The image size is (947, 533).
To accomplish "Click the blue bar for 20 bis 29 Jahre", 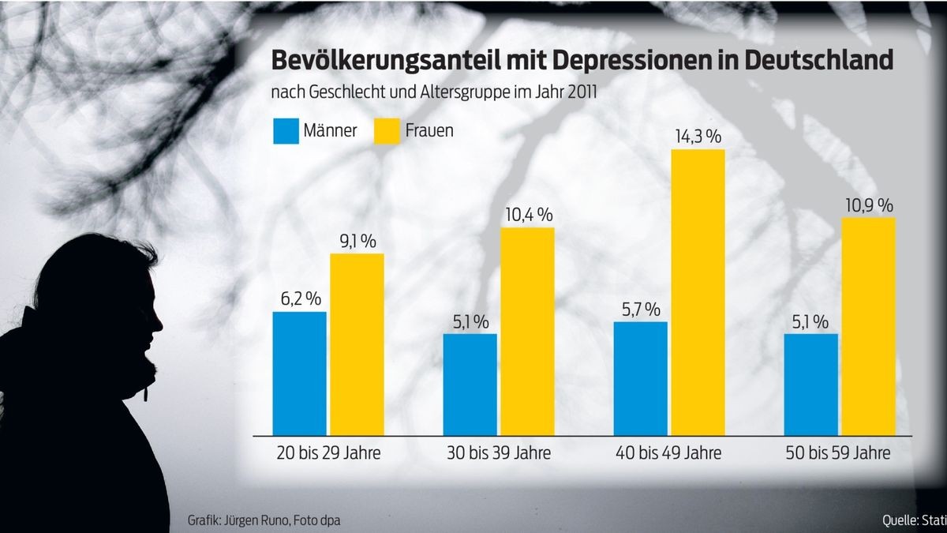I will click(299, 373).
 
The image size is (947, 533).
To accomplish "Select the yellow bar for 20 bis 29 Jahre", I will click(357, 344).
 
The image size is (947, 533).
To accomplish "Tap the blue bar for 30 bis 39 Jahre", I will click(470, 384).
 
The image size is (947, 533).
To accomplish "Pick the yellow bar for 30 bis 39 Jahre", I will click(527, 332).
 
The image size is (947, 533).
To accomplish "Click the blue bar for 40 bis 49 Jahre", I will click(640, 378).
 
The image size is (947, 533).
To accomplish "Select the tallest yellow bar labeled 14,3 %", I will click(698, 292).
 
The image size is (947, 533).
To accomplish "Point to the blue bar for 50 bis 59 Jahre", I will click(811, 384).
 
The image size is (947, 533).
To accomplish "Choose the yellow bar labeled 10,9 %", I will click(868, 326).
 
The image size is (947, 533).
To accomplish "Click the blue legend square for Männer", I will click(285, 131).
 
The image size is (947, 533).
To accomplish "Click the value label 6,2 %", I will click(299, 299).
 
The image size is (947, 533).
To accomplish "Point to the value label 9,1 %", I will click(357, 241).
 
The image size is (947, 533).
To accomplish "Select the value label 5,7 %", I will click(640, 310).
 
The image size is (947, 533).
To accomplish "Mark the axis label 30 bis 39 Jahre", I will click(499, 454).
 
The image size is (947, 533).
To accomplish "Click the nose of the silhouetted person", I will click(160, 325).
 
